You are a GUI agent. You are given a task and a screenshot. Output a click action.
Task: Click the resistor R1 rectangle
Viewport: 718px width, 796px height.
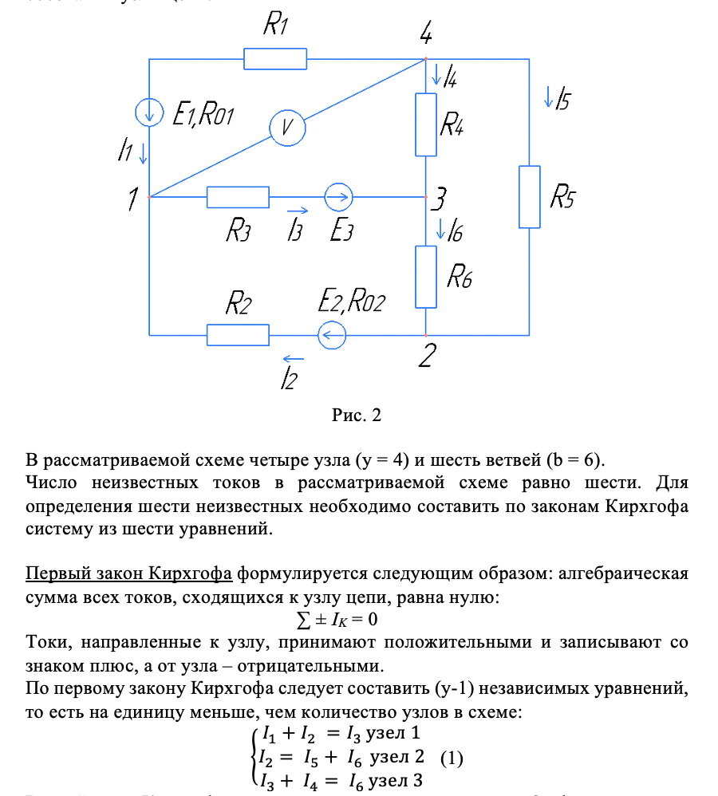coord(274,59)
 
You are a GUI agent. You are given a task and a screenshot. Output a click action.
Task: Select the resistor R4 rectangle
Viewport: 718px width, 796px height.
coord(426,124)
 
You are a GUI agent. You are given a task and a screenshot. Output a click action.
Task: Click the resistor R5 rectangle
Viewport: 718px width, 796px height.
coord(529,196)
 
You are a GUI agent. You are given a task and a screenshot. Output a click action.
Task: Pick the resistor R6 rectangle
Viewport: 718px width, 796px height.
coord(426,277)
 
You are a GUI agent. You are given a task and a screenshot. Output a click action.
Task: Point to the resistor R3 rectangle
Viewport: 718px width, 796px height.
coord(238,196)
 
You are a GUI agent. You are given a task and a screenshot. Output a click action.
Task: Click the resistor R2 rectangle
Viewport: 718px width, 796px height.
coord(238,335)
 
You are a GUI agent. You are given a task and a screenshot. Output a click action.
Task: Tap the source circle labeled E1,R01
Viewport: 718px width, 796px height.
coord(150,112)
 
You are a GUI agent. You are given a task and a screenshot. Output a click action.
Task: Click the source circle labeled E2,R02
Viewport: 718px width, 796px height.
coord(332,335)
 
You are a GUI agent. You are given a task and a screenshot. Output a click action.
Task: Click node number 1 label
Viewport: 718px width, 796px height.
coord(132,199)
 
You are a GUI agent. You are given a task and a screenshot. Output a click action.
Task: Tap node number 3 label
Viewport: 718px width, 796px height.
coord(440,198)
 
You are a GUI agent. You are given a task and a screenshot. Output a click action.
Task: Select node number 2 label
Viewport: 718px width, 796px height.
coord(428,357)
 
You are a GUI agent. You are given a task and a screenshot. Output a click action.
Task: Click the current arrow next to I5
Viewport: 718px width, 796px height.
coord(548,97)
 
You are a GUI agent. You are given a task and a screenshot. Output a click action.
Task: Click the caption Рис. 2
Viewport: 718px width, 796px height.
coord(357,415)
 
